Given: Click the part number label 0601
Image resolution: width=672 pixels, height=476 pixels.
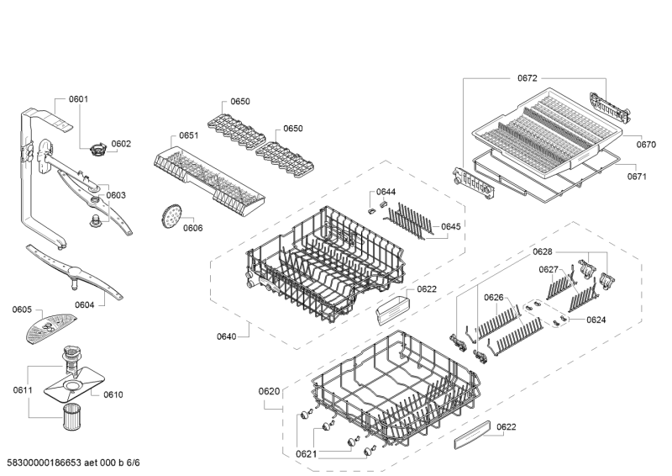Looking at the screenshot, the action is coord(78,99).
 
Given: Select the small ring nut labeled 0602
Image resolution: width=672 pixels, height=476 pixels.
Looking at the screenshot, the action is coord(97,151).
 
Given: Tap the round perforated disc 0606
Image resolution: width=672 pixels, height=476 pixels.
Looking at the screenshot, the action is coord(172,216).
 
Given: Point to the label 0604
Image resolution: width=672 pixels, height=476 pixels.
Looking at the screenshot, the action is coord(85,304).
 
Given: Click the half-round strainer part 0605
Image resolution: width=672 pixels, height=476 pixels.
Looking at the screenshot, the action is coord(50,327).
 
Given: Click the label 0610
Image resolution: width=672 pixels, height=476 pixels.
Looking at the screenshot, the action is coord(113,394).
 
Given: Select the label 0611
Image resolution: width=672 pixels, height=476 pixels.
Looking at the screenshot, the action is coord(23,389).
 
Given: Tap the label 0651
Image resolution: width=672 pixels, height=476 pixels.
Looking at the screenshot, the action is coord(188,135).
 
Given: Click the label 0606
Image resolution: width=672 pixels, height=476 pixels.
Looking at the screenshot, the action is coord(193,228).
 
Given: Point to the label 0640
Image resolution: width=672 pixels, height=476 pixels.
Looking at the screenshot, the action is coord(226,336).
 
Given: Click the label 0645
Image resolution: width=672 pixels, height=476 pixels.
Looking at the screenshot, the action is coord(451,226).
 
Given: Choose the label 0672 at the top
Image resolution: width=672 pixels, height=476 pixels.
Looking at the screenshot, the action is coord(528,78).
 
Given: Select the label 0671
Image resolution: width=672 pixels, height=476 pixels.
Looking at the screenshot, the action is coord(637,177).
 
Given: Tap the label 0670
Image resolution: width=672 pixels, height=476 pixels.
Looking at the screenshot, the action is coord(646,145).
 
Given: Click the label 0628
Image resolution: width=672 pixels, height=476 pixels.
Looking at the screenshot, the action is coord(543,252).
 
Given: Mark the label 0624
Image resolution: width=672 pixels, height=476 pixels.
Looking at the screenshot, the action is coord(596,320).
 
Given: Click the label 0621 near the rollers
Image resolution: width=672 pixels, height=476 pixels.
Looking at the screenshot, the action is coord(306,454).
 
